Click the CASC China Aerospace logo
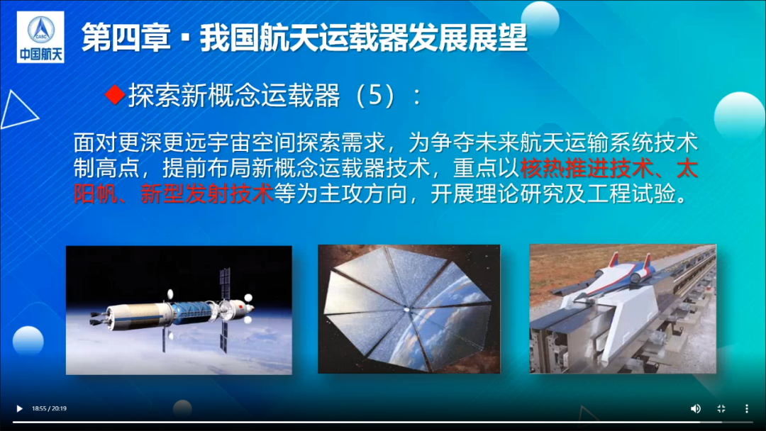click(x=40, y=37)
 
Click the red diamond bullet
click(x=116, y=94)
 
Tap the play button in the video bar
click(x=19, y=408)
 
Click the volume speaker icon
click(x=696, y=408)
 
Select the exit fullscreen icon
click(x=721, y=408)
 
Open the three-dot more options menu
click(x=746, y=408)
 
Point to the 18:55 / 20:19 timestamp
click(x=50, y=408)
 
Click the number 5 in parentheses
click(x=374, y=95)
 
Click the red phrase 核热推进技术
click(x=587, y=169)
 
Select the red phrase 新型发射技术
click(x=207, y=194)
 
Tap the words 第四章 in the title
click(x=126, y=38)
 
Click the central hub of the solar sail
click(x=406, y=309)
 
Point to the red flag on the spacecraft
click(x=240, y=306)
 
